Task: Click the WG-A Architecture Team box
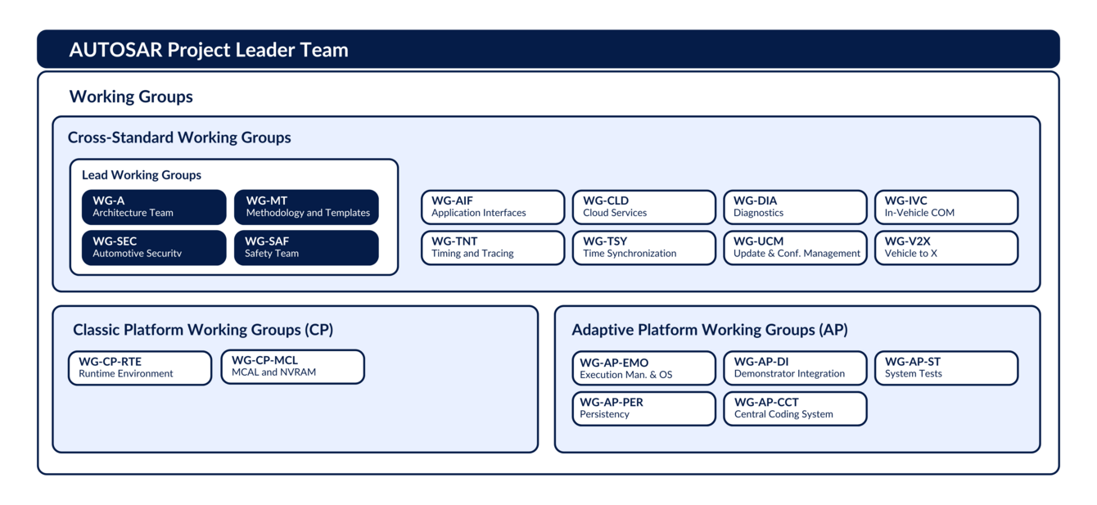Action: click(x=154, y=206)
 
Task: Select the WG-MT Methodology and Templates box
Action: click(x=306, y=206)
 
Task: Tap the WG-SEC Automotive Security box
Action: click(x=154, y=247)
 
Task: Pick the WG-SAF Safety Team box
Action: click(x=306, y=247)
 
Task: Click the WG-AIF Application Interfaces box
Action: click(x=493, y=207)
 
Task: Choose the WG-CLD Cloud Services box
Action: click(x=643, y=207)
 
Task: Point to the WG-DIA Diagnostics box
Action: click(x=794, y=207)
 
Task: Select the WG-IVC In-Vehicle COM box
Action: click(x=946, y=207)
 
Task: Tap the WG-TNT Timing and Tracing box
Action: click(x=493, y=248)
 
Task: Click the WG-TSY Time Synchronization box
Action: click(x=643, y=248)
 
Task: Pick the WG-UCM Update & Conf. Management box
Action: click(x=794, y=248)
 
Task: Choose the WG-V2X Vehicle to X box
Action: click(x=946, y=248)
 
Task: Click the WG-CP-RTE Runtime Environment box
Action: click(x=140, y=367)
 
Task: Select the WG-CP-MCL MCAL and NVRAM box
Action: click(x=292, y=367)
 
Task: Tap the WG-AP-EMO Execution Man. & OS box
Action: click(x=643, y=368)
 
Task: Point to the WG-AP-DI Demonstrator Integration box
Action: click(x=794, y=368)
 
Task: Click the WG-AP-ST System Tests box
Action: click(x=946, y=368)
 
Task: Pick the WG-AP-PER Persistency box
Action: click(x=643, y=408)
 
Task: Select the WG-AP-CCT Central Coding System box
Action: click(x=794, y=408)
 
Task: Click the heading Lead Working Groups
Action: click(x=142, y=175)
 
